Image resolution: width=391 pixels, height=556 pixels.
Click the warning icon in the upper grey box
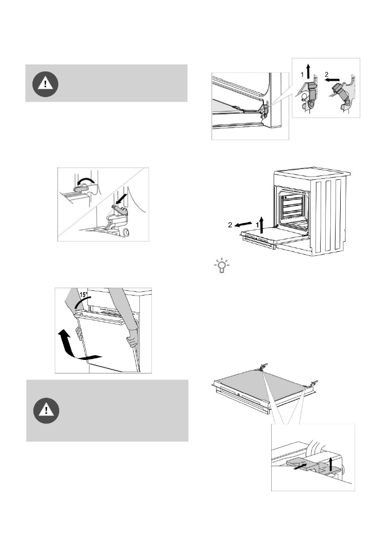point(45,84)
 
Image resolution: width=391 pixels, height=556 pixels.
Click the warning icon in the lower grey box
point(46,411)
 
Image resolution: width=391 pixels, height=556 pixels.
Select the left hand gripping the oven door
point(80,334)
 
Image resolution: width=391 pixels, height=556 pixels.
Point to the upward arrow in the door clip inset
point(330,464)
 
